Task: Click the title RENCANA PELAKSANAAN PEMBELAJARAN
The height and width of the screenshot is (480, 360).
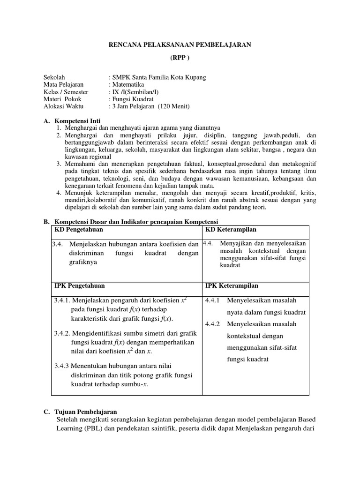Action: [x=180, y=45]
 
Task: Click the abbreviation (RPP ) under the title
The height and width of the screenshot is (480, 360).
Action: [x=180, y=59]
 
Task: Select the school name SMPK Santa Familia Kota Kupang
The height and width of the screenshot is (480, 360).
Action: [x=157, y=77]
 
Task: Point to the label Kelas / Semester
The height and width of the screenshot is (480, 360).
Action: [x=66, y=92]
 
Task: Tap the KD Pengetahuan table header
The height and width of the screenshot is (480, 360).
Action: [x=79, y=230]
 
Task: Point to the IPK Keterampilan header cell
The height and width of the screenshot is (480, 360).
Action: [x=232, y=285]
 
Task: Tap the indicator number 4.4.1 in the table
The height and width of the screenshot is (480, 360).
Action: [x=214, y=300]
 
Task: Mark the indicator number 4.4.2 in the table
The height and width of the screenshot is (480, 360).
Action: [x=214, y=324]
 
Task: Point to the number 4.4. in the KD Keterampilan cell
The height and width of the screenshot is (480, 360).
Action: [x=209, y=243]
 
